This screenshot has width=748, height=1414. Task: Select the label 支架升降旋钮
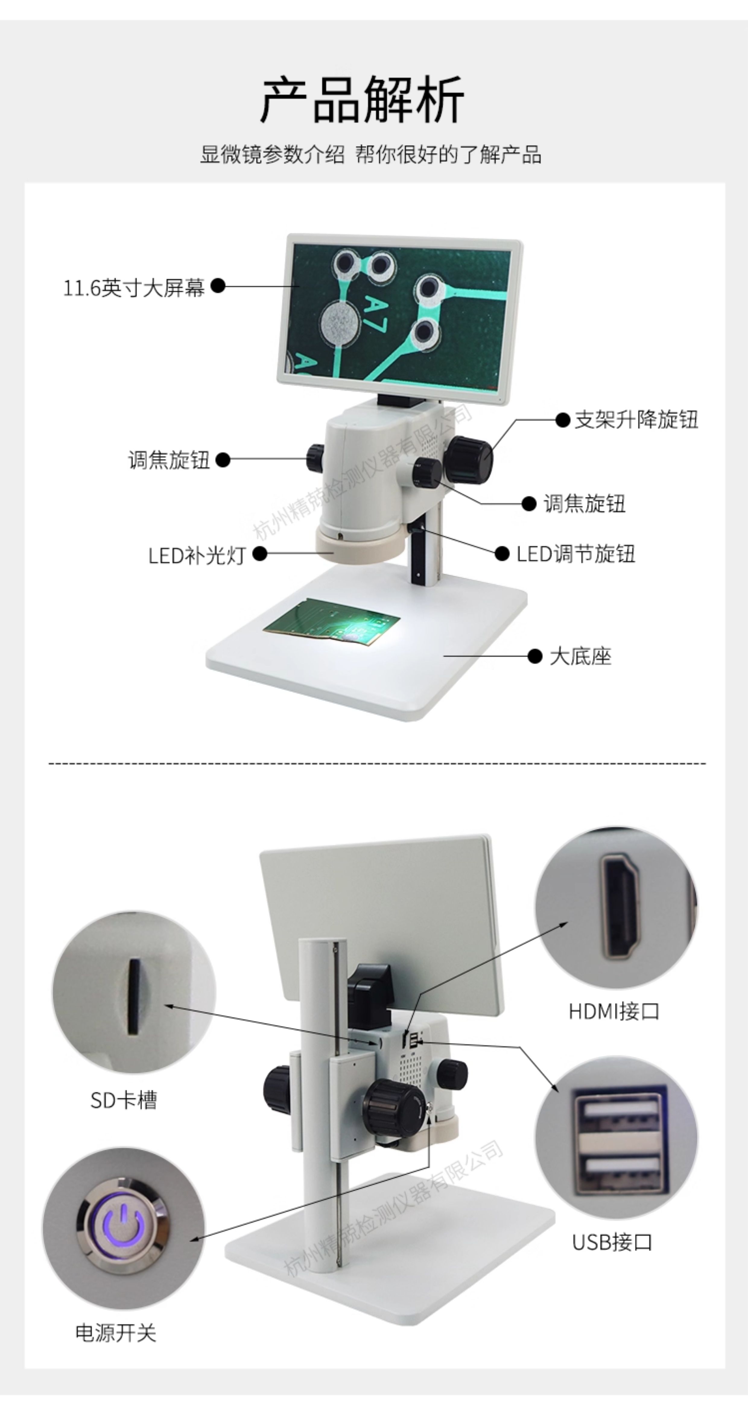(x=636, y=420)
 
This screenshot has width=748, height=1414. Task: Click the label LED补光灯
(x=197, y=555)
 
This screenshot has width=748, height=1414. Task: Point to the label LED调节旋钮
(x=575, y=554)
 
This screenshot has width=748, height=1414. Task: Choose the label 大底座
(x=581, y=656)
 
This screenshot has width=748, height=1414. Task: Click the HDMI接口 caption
(x=614, y=1011)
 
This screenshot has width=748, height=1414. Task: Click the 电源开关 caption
(x=116, y=1333)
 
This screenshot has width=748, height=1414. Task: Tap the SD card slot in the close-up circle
(x=133, y=996)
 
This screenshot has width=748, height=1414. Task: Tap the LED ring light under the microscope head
(x=360, y=545)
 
